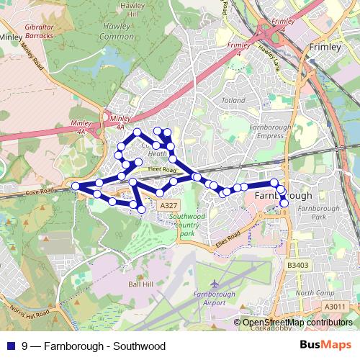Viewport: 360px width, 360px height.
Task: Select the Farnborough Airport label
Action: pyautogui.click(x=215, y=298)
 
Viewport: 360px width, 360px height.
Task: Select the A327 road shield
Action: pyautogui.click(x=168, y=206)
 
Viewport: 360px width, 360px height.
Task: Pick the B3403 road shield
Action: pyautogui.click(x=297, y=265)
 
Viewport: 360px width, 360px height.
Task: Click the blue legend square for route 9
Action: pyautogui.click(x=9, y=346)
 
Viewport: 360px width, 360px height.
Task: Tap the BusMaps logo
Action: pyautogui.click(x=329, y=345)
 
